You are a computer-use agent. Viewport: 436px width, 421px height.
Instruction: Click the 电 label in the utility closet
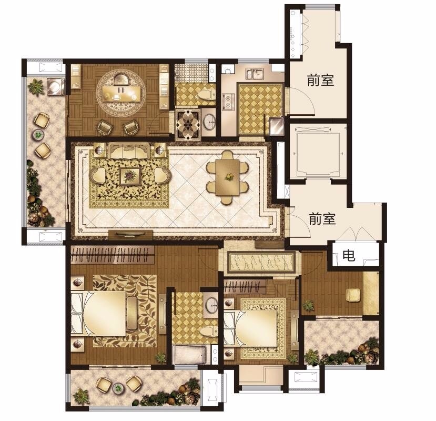[x=348, y=255]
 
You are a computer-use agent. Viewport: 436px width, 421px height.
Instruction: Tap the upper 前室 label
[x=320, y=80]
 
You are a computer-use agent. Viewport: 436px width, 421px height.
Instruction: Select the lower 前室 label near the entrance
[x=322, y=219]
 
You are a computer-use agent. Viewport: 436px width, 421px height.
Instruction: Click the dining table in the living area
[x=227, y=177]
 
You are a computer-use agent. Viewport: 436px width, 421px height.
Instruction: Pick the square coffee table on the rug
[x=130, y=176]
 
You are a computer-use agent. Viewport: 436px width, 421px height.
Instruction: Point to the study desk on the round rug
[x=121, y=94]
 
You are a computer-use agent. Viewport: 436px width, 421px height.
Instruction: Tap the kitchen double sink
[x=255, y=74]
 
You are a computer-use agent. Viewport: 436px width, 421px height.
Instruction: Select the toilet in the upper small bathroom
[x=206, y=94]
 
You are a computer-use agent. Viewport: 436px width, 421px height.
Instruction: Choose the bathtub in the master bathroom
[x=190, y=354]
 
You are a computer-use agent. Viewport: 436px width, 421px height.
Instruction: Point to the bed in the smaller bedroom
[x=250, y=328]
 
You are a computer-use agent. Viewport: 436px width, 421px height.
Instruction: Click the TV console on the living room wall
[x=130, y=235]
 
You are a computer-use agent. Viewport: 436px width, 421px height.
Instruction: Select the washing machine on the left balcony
[x=56, y=86]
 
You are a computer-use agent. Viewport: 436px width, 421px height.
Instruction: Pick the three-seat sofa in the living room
[x=129, y=151]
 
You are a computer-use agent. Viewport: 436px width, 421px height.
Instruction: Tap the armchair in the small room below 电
[x=353, y=295]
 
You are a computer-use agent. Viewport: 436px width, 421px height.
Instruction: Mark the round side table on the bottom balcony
[x=119, y=387]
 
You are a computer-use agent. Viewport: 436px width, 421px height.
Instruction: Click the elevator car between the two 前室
[x=318, y=152]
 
